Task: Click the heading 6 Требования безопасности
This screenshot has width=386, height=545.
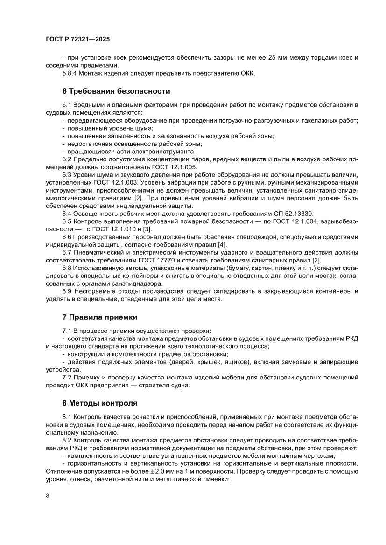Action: click(116, 91)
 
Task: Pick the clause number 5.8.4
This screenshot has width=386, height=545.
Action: click(71, 73)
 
